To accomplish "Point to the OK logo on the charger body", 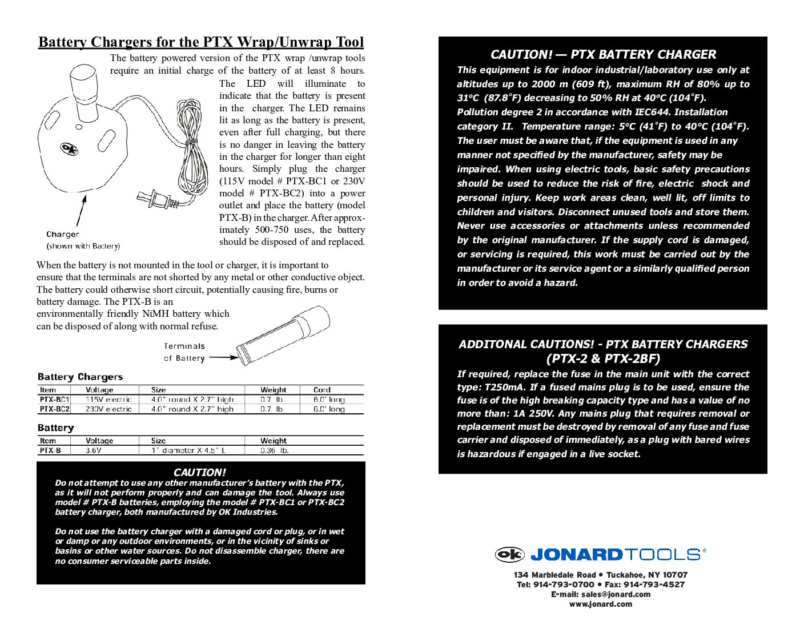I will pos(69,150).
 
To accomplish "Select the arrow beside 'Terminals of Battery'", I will pos(224,358).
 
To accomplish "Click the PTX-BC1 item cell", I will pos(54,400).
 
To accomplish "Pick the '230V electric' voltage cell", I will pos(108,409).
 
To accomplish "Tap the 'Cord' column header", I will pos(322,390).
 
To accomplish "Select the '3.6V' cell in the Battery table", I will pos(94,450).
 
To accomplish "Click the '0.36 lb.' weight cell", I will pos(275,450).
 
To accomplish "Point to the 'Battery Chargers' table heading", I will pos(80,377).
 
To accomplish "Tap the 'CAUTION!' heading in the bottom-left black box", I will pos(200,472).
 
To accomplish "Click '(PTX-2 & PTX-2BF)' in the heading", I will pos(603,358).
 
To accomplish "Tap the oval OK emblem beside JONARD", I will pos(509,554).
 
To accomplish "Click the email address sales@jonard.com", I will pos(616,594).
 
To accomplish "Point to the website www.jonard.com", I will pos(601,604).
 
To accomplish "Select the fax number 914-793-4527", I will pos(657,584).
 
